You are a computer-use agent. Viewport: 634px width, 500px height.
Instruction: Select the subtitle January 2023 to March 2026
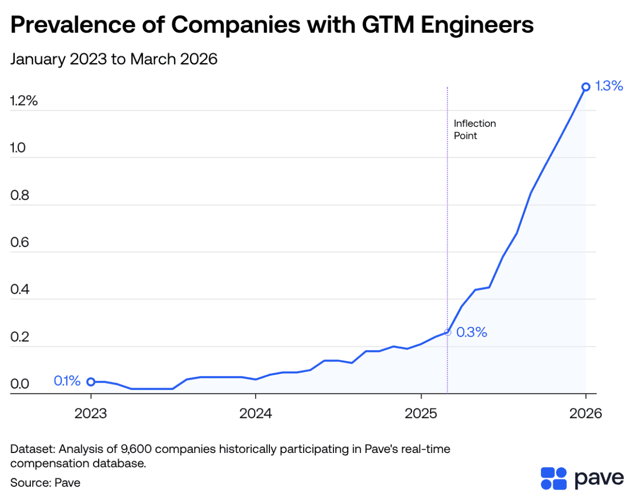tap(114, 59)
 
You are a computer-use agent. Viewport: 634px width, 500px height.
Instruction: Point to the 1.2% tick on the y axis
tap(24, 101)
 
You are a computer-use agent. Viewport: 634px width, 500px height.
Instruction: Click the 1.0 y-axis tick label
tap(18, 148)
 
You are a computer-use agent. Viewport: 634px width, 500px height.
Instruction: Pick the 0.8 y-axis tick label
tap(20, 195)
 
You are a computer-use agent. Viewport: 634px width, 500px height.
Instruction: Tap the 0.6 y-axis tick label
tap(20, 242)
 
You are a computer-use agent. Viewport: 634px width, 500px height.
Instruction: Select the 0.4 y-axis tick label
tap(20, 289)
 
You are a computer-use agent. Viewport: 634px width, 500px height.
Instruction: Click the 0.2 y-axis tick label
tap(20, 337)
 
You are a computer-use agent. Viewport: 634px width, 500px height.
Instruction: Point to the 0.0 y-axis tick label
tap(20, 384)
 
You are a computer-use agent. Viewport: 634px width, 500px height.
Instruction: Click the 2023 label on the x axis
tap(91, 413)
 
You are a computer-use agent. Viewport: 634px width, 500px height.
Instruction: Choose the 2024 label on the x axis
tap(256, 413)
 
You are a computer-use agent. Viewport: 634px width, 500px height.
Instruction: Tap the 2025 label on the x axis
tap(421, 413)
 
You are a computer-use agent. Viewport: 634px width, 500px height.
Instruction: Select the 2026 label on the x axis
tap(585, 413)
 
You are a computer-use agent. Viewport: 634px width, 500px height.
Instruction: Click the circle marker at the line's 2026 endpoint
tap(586, 87)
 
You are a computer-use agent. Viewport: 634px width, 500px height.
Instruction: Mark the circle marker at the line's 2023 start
tap(91, 382)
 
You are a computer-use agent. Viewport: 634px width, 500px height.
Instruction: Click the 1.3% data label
tap(609, 86)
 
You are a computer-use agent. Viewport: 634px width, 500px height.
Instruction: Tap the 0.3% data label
tap(472, 332)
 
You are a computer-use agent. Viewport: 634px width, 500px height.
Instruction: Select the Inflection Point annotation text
tap(475, 130)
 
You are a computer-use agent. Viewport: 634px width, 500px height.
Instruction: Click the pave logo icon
tap(553, 478)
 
